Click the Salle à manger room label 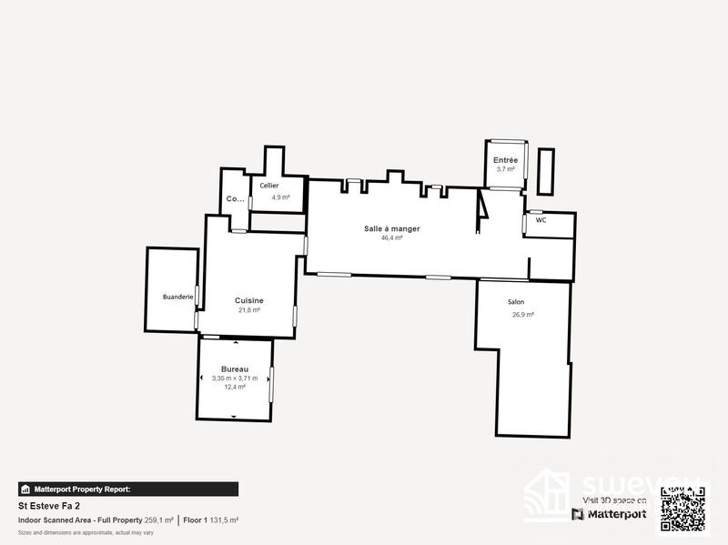(392, 228)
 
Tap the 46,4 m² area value (392, 238)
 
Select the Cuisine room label (249, 300)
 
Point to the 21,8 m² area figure (249, 310)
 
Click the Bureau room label (235, 368)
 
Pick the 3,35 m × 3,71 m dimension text (235, 378)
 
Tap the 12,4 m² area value (235, 387)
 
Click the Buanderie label (177, 297)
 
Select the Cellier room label (268, 186)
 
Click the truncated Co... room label (235, 198)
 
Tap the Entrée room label (505, 159)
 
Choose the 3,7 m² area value (505, 169)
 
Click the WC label (541, 220)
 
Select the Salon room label (516, 302)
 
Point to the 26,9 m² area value (522, 315)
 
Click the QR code (682, 509)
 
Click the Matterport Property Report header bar (128, 489)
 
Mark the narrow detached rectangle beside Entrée (546, 171)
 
